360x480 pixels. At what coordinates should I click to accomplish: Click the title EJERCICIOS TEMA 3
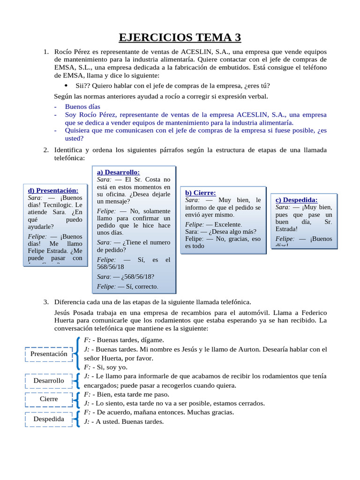(x=180, y=37)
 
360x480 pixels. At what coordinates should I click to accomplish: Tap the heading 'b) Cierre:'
(x=200, y=193)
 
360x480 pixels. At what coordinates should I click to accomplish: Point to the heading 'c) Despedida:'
(x=296, y=200)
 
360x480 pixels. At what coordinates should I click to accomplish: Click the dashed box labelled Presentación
(x=49, y=354)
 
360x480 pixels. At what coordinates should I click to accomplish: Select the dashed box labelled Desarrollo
(x=49, y=381)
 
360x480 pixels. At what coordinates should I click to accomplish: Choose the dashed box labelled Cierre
(x=49, y=399)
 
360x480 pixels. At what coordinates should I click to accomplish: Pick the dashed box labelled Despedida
(x=49, y=419)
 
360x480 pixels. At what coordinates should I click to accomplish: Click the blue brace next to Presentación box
(x=76, y=353)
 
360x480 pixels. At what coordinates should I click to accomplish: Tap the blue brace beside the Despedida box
(x=76, y=417)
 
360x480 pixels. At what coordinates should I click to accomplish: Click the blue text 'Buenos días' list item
(x=82, y=106)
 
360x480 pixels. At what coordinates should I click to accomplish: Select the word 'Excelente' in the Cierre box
(x=228, y=225)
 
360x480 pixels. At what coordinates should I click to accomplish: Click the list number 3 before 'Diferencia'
(x=46, y=302)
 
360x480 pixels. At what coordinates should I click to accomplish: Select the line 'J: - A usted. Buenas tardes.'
(x=124, y=421)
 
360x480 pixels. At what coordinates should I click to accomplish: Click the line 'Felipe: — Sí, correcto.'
(x=127, y=286)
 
